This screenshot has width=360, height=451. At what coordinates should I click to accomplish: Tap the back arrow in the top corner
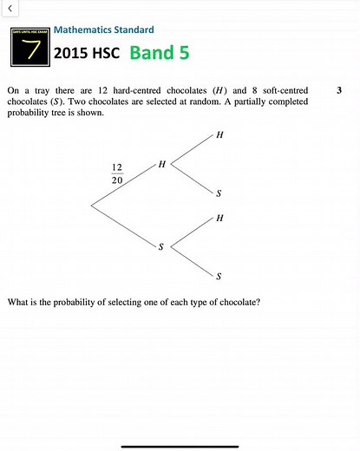click(x=8, y=7)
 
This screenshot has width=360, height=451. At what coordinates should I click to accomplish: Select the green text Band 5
click(x=159, y=53)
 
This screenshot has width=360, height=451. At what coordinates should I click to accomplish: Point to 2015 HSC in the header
click(x=88, y=53)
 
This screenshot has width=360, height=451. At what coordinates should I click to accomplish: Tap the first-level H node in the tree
click(x=161, y=164)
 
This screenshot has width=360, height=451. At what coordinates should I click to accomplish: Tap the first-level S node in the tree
click(x=160, y=246)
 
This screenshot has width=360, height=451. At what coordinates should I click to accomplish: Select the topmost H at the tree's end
click(x=219, y=134)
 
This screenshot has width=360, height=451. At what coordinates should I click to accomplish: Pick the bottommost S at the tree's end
click(x=219, y=276)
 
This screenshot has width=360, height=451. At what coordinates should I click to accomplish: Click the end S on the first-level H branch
click(x=219, y=193)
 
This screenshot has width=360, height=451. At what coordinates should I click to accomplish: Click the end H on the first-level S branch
click(x=219, y=218)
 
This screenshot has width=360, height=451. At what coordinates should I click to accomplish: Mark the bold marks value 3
click(x=338, y=89)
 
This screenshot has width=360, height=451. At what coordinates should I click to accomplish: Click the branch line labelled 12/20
click(x=121, y=186)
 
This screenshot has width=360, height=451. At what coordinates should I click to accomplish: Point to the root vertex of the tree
click(x=91, y=205)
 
